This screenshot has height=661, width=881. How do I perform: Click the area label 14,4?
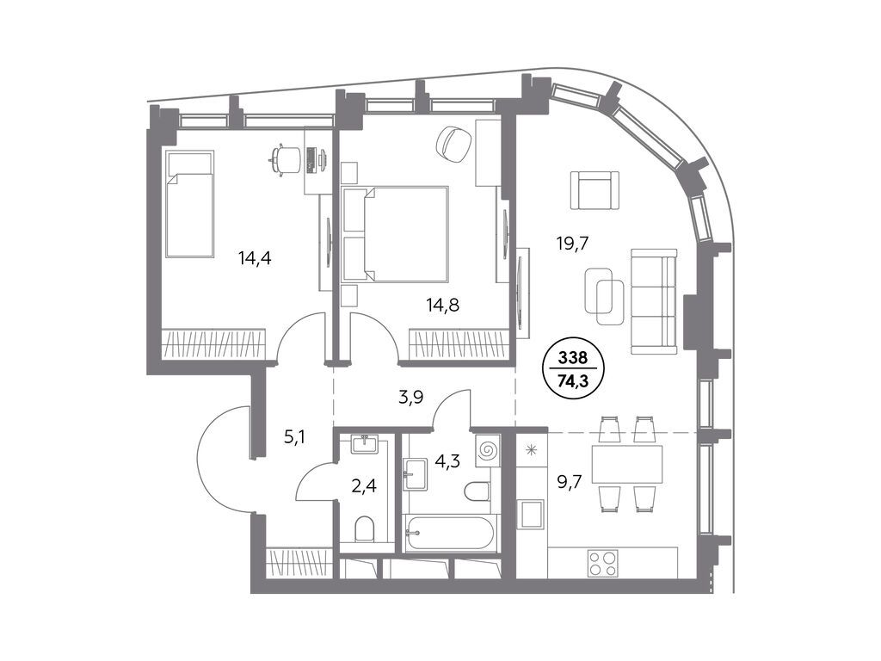click(255, 258)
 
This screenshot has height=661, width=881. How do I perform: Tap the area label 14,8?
click(443, 306)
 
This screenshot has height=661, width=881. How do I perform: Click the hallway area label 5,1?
click(294, 436)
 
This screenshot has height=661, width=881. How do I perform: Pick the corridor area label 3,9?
click(410, 398)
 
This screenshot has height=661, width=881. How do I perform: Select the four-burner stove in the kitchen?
click(601, 563)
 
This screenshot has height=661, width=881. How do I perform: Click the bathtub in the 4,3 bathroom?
click(451, 533)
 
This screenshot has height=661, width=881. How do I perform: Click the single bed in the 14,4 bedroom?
click(190, 203)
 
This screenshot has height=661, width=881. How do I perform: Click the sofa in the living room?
click(654, 301)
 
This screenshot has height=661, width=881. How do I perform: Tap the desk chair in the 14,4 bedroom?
click(284, 159)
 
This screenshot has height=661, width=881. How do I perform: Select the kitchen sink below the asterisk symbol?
click(531, 513)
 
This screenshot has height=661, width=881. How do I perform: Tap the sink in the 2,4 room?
click(365, 444)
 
